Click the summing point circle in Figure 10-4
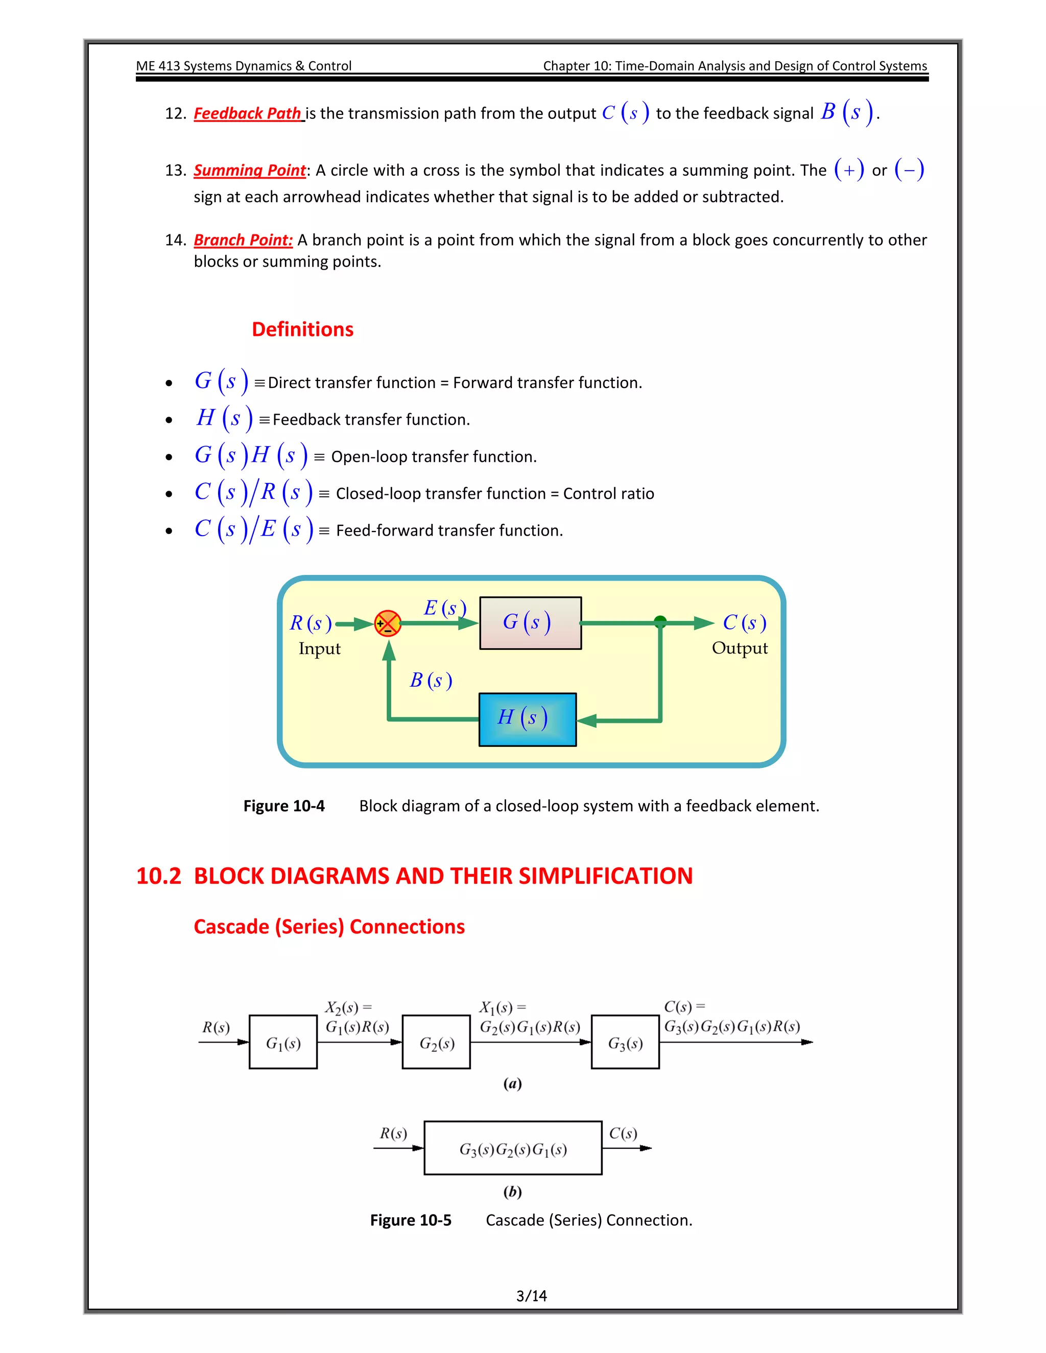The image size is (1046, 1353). coord(388,623)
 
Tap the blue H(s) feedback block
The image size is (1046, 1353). coord(527,719)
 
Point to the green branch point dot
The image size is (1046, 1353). coord(660,621)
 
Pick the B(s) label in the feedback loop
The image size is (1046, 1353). coord(431,680)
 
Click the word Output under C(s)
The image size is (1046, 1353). coord(739,648)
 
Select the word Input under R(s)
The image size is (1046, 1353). coord(319,648)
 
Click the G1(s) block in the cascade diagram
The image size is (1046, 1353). coord(283,1043)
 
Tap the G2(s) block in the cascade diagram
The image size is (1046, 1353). coord(436,1043)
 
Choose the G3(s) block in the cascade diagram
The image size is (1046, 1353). coord(625,1043)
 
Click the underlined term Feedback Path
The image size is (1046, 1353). coord(248,113)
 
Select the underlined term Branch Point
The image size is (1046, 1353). coord(243,240)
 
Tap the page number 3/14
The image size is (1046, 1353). coord(531,1295)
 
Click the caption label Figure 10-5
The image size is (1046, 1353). coord(410,1220)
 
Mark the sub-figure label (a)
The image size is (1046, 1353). coord(512,1083)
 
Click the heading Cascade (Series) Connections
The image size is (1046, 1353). coord(329,926)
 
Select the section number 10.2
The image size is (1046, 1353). coord(159,876)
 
